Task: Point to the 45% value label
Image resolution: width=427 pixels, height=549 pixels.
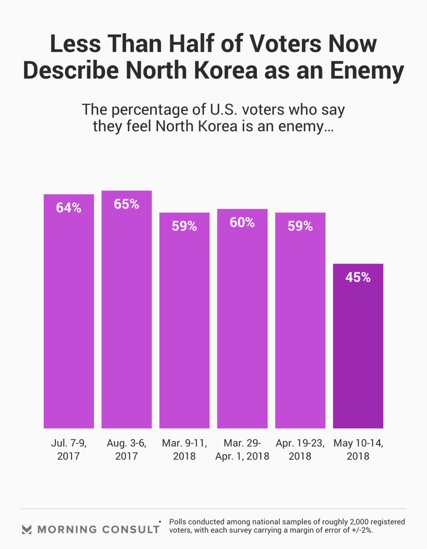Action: coord(358,278)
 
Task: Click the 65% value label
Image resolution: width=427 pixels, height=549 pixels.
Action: coord(127,204)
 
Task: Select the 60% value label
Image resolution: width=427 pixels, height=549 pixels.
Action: coord(242,223)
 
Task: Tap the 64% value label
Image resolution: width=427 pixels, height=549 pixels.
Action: coord(69,208)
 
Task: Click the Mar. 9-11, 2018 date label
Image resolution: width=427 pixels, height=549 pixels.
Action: coord(184,449)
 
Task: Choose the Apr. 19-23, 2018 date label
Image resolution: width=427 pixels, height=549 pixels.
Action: coord(300,449)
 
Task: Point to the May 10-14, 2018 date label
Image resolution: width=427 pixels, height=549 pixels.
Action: coord(358,449)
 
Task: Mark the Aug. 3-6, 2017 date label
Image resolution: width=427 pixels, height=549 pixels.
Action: coord(127,449)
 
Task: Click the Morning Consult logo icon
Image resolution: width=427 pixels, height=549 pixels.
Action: coord(27,529)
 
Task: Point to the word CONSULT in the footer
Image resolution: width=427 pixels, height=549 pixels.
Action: coord(131,529)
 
